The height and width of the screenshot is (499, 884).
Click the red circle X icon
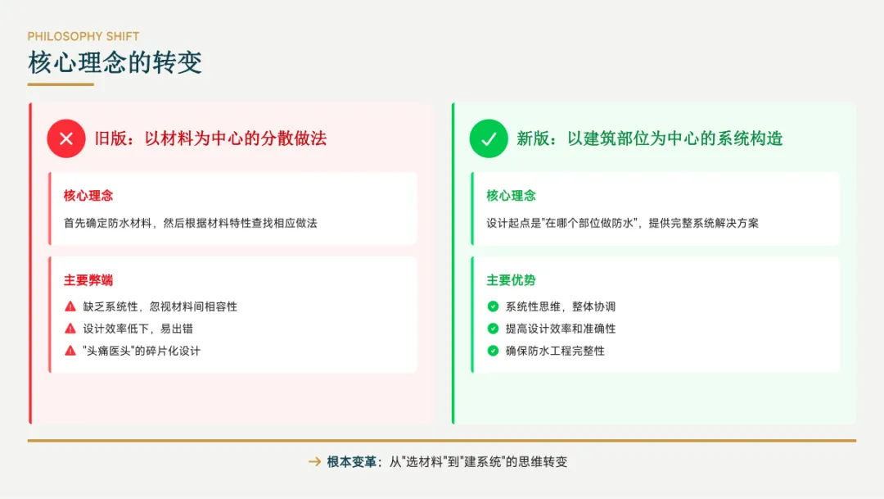tap(66, 138)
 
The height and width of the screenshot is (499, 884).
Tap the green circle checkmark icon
tap(489, 138)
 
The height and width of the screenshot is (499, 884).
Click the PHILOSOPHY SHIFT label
tap(83, 36)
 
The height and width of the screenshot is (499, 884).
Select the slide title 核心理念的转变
tap(115, 62)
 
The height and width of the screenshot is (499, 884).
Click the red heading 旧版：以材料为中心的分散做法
tap(211, 138)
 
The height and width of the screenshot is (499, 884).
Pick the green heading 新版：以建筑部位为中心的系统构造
tap(649, 138)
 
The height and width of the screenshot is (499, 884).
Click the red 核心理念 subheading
tap(88, 196)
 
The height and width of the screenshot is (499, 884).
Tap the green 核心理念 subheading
tap(512, 196)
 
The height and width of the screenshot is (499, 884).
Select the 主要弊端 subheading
tap(88, 280)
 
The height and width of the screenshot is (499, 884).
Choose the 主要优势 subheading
tap(512, 280)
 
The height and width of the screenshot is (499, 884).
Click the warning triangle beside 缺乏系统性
tap(70, 306)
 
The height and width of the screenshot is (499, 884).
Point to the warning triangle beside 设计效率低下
tap(70, 329)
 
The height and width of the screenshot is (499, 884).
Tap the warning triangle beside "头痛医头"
tap(70, 351)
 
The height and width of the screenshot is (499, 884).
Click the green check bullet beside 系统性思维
tap(493, 306)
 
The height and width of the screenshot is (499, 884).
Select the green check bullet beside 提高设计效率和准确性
tap(493, 329)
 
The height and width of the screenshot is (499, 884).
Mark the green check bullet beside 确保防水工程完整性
tap(493, 351)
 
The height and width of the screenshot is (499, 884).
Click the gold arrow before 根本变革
tap(314, 462)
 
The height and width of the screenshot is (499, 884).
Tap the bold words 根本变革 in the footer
tap(352, 462)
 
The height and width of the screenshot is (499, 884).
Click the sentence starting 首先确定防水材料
tap(190, 223)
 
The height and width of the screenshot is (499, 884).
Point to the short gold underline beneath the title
tap(61, 84)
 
